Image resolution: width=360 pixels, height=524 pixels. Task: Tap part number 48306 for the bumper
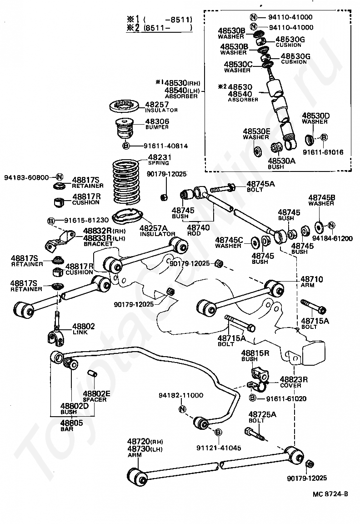coord(157,121)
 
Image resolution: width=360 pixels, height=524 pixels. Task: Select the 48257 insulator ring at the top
coord(124,106)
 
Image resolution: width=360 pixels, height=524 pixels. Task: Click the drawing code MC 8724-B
coord(330,494)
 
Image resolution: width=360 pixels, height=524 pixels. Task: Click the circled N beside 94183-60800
coord(60,177)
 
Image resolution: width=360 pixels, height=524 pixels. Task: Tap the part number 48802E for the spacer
coord(96,393)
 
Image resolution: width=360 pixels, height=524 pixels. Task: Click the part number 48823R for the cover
coord(294,379)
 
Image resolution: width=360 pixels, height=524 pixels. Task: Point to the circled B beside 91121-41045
coord(218,432)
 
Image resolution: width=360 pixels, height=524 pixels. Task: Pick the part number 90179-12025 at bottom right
coord(307,478)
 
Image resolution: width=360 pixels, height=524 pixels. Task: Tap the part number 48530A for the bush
coord(281,161)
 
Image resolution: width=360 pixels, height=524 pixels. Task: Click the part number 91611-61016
coord(323,152)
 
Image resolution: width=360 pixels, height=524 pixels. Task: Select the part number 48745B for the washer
coord(322,197)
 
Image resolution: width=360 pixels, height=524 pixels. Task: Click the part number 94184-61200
coord(332,238)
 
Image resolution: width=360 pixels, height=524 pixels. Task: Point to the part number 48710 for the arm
coord(311,279)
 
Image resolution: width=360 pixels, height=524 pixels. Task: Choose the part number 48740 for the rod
coord(198,227)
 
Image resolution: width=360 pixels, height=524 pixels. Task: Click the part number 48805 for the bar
coord(71,423)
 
